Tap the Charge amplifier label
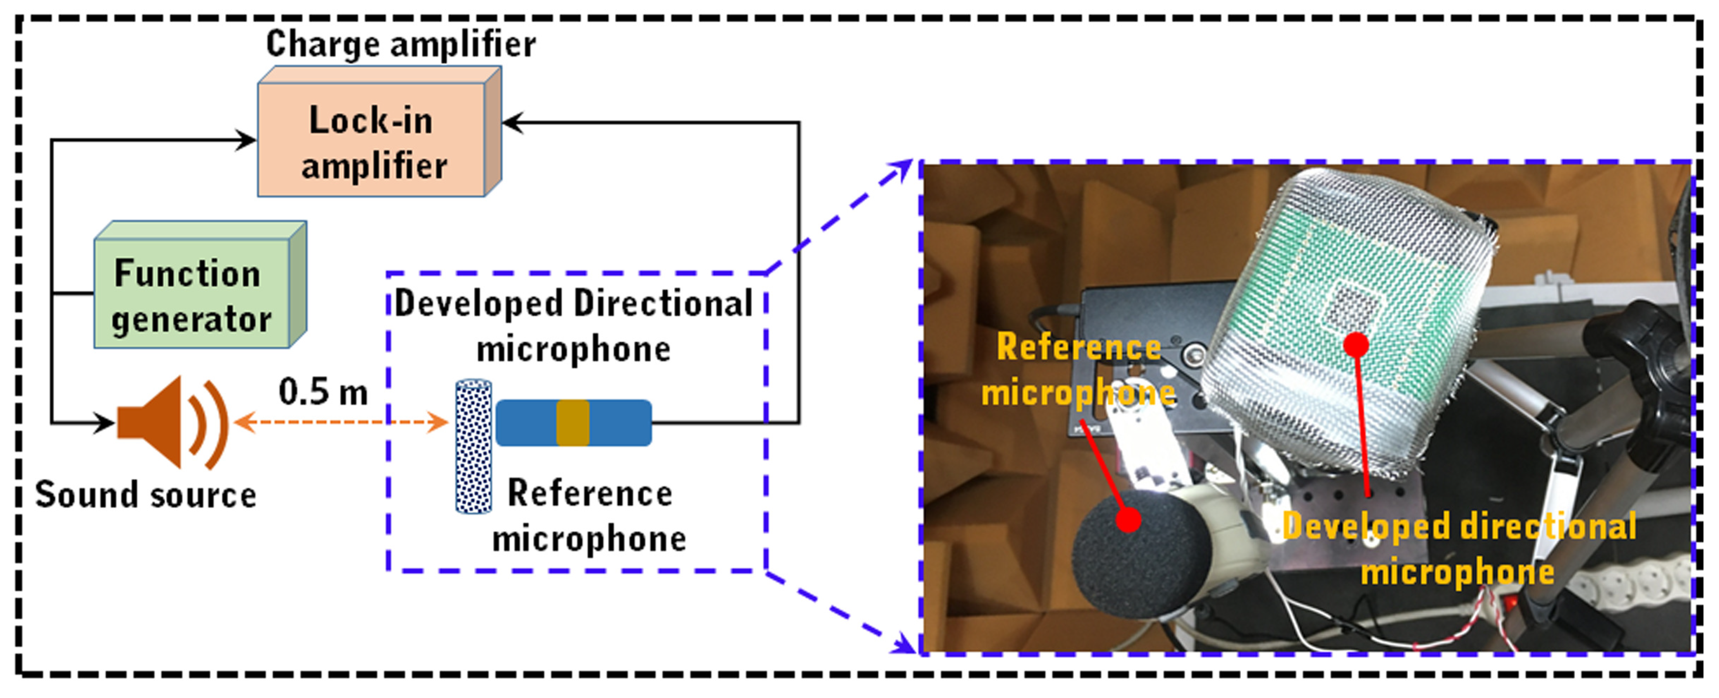(401, 44)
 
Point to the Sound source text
(145, 495)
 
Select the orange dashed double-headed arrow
(341, 422)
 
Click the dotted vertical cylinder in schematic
(473, 446)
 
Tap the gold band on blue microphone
(572, 422)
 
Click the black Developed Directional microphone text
(574, 326)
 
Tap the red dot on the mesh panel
(1355, 344)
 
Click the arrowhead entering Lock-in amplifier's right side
(510, 123)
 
